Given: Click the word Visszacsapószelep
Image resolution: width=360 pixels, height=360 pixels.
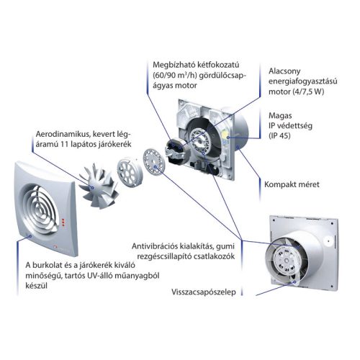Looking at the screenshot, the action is click(x=204, y=292).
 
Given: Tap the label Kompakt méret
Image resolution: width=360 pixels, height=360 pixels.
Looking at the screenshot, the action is click(x=292, y=184).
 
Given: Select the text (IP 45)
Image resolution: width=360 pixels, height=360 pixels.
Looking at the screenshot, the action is click(x=279, y=135).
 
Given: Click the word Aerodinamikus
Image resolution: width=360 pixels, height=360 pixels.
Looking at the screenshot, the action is click(x=63, y=134).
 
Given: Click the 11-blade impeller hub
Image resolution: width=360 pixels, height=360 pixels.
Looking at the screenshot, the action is click(x=91, y=187).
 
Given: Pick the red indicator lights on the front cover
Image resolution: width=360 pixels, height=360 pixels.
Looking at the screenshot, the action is click(x=63, y=222).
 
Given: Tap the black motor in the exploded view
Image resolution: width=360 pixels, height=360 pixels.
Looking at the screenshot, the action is click(x=177, y=150).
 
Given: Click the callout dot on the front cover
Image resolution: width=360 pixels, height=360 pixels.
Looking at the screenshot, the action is click(x=30, y=236).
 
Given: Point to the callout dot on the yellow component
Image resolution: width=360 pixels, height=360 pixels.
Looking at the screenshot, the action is click(x=228, y=138).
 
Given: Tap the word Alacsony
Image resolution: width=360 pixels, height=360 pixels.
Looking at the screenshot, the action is click(x=284, y=71).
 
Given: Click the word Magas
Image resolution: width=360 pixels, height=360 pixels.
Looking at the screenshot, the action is click(x=280, y=116).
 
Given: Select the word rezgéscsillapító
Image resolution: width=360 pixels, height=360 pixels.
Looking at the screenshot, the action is click(x=164, y=256).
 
